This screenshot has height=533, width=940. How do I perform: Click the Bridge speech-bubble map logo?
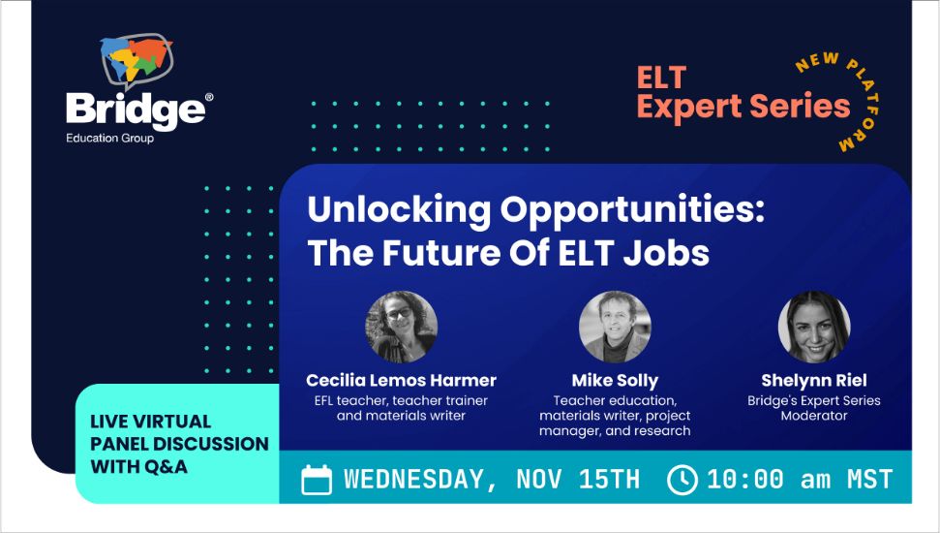136,59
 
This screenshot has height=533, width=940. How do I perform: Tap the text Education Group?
109,138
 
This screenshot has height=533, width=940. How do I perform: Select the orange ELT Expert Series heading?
743,92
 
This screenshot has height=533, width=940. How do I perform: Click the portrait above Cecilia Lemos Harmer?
401,327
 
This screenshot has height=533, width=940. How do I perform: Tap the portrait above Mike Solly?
615,327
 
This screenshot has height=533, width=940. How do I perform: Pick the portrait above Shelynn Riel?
814,327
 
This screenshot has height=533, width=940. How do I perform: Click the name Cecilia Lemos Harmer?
401,380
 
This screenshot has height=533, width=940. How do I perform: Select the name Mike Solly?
615,381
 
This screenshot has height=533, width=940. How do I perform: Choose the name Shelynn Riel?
814,381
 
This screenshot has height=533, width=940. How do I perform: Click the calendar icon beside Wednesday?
317,480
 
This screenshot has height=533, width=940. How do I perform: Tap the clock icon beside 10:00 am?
682,480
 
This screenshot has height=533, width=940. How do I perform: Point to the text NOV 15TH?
578,479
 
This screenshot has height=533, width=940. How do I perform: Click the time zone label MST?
870,479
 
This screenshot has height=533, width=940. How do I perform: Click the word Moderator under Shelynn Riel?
814,416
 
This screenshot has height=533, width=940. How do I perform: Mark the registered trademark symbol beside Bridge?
209,97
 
